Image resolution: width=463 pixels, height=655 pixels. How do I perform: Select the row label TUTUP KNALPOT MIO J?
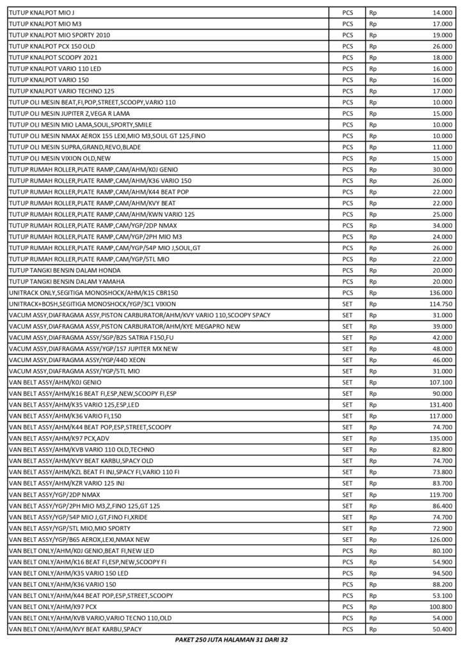[39, 12]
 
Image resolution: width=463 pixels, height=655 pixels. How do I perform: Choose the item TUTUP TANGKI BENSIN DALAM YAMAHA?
[67, 281]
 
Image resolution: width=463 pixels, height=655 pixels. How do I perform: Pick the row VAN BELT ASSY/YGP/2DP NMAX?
[54, 494]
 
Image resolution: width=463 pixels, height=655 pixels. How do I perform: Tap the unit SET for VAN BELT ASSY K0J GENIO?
[347, 382]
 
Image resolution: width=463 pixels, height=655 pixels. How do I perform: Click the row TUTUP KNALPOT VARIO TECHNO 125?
[61, 91]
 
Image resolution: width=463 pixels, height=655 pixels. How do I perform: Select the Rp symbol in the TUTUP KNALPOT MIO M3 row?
[372, 24]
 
